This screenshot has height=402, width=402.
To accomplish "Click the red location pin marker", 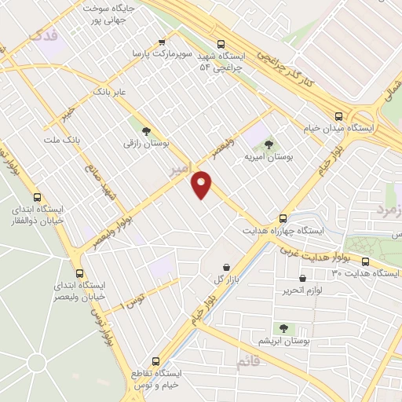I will (x=202, y=183).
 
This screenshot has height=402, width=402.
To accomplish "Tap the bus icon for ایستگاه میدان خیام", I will (x=338, y=113).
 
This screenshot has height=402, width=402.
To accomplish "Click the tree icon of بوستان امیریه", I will (x=269, y=144).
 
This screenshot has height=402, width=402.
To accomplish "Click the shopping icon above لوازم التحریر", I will (x=303, y=277).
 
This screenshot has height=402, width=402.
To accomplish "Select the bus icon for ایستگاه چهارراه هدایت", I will (x=283, y=218).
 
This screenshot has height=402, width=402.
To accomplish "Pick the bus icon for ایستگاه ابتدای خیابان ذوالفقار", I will (x=37, y=198).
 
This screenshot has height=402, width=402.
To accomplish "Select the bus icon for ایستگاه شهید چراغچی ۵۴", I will (x=221, y=45).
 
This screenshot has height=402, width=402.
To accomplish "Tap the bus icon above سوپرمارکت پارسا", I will (x=162, y=42).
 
